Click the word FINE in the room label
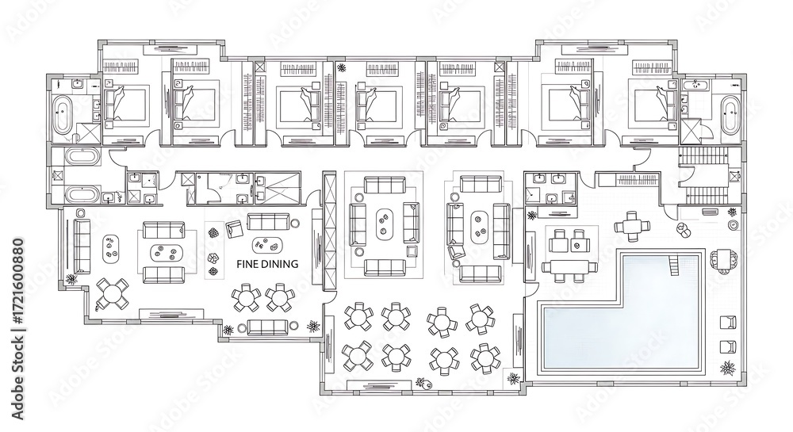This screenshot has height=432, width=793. [247, 264]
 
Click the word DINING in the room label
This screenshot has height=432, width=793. [279, 264]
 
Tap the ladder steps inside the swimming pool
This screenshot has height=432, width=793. [673, 266]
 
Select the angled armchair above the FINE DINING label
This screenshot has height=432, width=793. [235, 229]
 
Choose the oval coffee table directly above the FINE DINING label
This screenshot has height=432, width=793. [267, 245]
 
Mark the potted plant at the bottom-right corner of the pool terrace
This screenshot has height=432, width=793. [728, 368]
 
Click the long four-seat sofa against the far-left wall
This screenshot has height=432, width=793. [82, 246]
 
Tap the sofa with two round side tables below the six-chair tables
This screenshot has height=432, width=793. [267, 327]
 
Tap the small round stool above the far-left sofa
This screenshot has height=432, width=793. [80, 212]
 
